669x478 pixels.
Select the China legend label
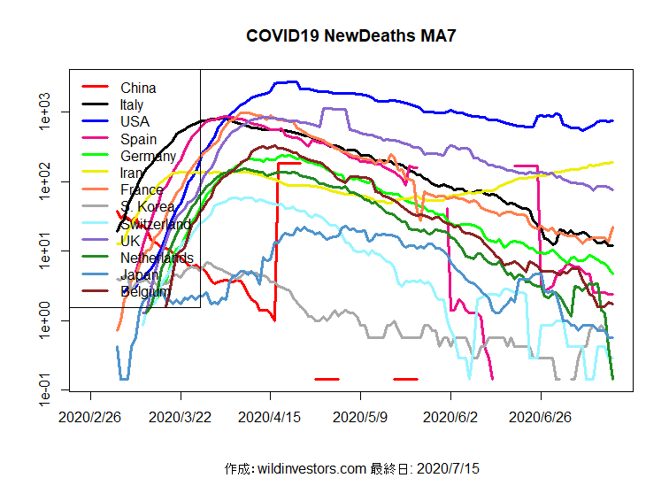[x=138, y=88]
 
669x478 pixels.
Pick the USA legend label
[x=135, y=121]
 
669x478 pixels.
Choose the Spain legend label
[x=138, y=139]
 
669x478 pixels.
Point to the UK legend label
[x=129, y=241]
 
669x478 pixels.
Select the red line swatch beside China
[x=95, y=87]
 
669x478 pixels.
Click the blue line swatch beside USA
[x=95, y=121]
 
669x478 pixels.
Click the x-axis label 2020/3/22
[x=181, y=417]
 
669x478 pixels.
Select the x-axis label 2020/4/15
[x=271, y=417]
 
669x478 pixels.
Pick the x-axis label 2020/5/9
[x=361, y=417]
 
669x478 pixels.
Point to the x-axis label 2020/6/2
[x=451, y=417]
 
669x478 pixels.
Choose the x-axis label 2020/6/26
[x=541, y=417]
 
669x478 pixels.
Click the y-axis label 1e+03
[x=45, y=112]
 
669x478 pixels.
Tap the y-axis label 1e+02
[x=45, y=181]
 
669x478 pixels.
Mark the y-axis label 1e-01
[x=45, y=389]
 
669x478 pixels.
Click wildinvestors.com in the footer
[x=311, y=467]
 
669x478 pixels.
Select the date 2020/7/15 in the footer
[x=448, y=467]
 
